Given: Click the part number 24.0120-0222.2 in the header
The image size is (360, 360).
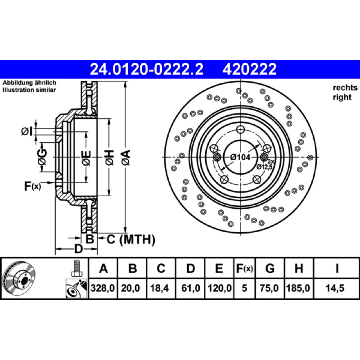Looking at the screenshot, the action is tap(147, 69).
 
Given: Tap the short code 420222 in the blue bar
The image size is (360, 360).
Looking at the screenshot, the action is tap(249, 69).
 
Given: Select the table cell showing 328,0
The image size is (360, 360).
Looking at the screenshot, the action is tap(103, 288).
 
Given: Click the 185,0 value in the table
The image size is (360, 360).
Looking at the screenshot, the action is tap(298, 288).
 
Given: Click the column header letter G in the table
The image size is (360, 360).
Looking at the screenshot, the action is tap(270, 268).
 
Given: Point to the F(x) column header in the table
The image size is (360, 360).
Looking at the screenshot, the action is tap(244, 268).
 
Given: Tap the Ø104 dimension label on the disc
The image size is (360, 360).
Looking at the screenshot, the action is tap(240, 157).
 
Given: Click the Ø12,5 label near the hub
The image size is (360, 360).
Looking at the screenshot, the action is tap(264, 167).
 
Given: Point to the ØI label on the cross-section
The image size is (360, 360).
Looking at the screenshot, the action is tap(27, 131).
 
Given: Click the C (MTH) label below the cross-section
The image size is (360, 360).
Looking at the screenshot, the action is tap(131, 239).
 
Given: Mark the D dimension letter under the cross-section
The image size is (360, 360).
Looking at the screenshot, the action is tap(78, 249).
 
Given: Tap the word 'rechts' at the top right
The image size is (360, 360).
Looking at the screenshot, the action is tap(345, 87).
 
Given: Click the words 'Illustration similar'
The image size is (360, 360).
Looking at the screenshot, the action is tap(29, 90).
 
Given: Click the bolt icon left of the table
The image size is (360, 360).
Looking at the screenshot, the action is tap(76, 268).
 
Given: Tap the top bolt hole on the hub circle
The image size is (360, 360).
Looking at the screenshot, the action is tap(240, 130).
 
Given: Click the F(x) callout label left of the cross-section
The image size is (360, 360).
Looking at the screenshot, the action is tap(32, 186).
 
